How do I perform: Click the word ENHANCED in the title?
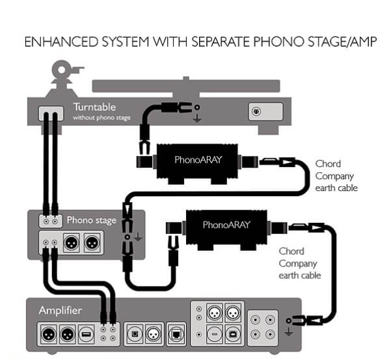pos(62,42)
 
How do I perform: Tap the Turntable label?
pos(94,107)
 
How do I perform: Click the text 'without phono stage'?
pos(101,118)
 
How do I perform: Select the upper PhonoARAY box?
pos(198,164)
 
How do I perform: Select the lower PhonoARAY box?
pos(226,229)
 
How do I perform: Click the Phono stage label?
pos(92,220)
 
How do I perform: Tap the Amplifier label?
pos(60,311)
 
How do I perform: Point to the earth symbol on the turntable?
pos(197,118)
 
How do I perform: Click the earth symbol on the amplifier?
pos(289,331)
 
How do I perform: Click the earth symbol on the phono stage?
pos(138,238)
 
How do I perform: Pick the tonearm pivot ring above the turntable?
pos(62,70)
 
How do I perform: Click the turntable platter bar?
pos(186,86)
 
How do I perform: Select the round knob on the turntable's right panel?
pos(256,111)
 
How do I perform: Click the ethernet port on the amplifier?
pos(176,335)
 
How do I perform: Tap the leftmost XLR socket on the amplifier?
pos(48,335)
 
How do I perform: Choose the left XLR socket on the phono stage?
pos(72,242)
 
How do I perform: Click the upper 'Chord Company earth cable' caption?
pos(336,176)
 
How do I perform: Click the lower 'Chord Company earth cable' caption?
pos(300,263)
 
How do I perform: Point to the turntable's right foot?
pos(265,130)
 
